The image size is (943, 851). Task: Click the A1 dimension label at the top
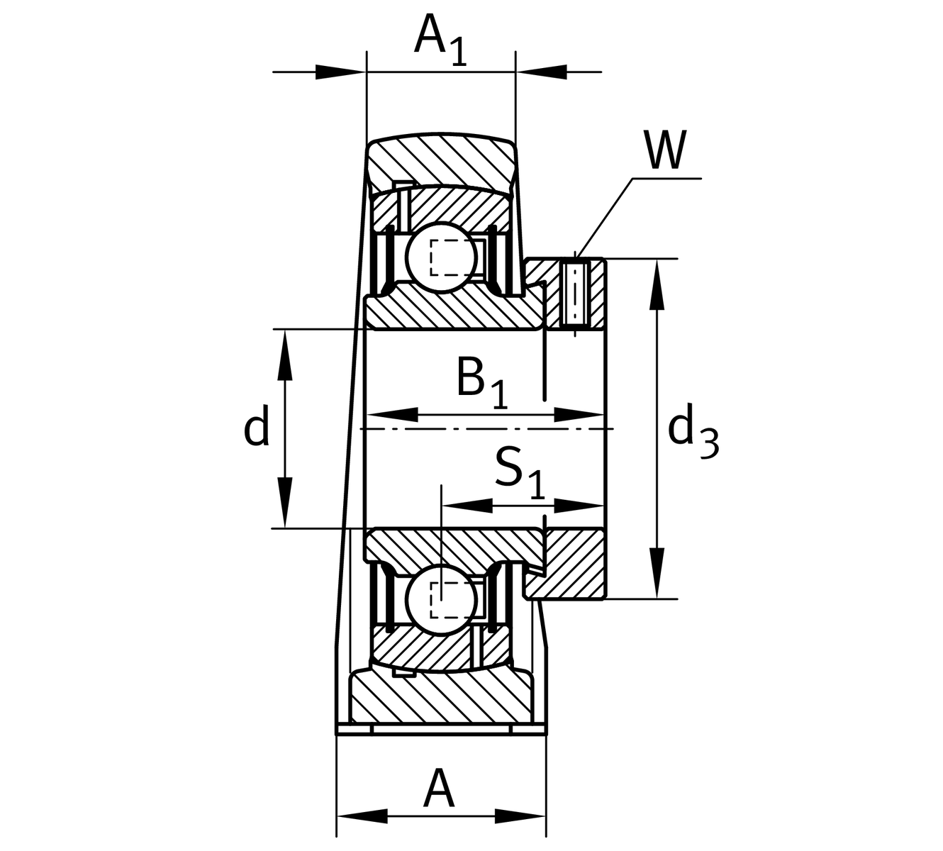[440, 37]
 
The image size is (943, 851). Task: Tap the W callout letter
[665, 150]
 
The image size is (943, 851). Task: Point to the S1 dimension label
[520, 472]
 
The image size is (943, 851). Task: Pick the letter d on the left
[256, 428]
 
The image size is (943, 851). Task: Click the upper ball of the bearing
[442, 257]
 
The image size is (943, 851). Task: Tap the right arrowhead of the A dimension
[520, 816]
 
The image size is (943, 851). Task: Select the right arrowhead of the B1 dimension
[579, 415]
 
